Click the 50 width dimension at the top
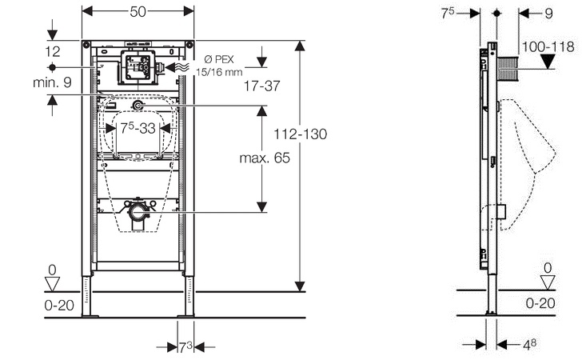click(x=138, y=13)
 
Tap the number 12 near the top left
click(x=53, y=51)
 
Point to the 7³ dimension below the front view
click(x=185, y=346)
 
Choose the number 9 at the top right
click(x=548, y=13)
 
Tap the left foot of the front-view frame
click(x=87, y=298)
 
